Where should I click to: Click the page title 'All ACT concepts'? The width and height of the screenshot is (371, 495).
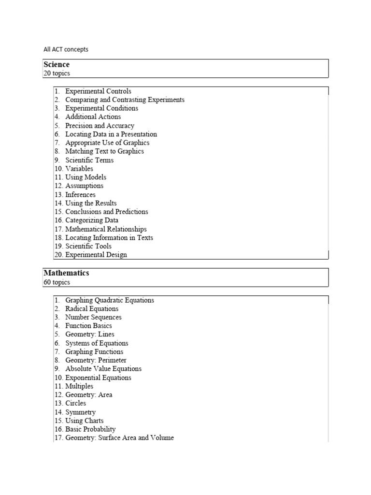66,49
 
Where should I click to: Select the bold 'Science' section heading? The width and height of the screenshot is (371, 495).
57,65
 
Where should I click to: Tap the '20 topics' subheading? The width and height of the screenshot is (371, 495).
57,73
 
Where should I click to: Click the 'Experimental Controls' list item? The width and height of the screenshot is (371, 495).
98,91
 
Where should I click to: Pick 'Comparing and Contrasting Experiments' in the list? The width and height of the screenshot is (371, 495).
125,100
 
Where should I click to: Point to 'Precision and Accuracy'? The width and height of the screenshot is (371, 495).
100,126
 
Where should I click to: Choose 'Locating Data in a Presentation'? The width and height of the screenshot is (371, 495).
111,134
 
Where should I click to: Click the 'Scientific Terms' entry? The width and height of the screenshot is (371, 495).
89,160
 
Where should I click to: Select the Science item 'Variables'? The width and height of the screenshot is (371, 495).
79,169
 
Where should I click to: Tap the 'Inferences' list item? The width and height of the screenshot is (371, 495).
80,195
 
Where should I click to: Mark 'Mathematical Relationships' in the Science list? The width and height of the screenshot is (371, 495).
106,229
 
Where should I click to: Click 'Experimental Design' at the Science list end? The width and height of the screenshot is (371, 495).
96,255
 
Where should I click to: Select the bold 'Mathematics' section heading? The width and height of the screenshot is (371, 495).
66,274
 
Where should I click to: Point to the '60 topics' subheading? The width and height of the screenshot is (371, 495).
57,282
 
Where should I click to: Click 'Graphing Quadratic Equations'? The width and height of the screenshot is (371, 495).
110,300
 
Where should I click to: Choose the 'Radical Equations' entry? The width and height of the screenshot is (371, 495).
92,309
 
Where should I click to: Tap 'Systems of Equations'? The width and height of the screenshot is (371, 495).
97,343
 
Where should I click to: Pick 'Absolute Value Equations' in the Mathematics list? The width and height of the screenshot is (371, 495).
103,369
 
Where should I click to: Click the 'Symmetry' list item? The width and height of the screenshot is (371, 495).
80,412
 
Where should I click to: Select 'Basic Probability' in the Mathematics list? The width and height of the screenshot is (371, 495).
90,429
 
